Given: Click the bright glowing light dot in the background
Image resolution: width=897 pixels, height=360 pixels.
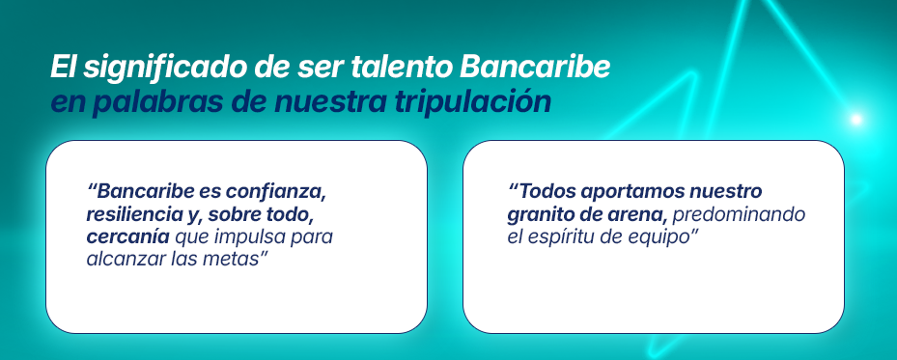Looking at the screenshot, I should (x=855, y=120).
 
